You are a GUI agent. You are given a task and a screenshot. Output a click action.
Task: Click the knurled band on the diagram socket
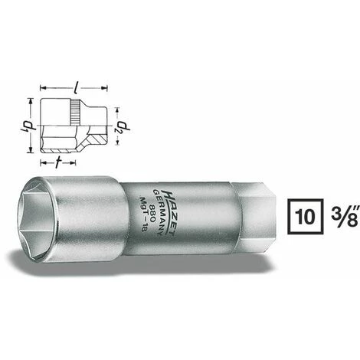click(x=74, y=113)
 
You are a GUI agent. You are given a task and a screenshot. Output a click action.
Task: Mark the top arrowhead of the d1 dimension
click(x=31, y=100)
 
